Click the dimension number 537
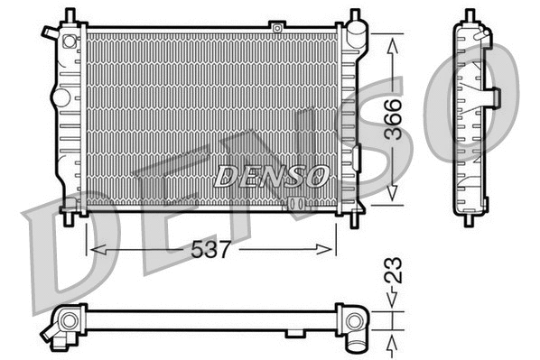[211, 249]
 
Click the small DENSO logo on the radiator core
[271, 175]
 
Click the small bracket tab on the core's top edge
[278, 29]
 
